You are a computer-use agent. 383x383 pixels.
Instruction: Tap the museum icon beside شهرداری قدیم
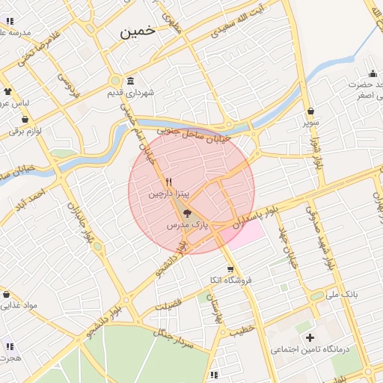coord(131,81)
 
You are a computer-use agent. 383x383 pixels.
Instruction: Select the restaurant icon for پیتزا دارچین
coord(169,182)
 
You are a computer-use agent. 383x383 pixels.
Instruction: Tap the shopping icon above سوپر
coord(310,111)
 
